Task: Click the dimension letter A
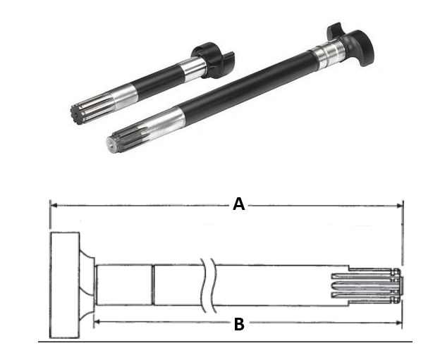tap(238, 204)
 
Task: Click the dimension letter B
tap(239, 324)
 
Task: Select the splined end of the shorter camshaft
tap(92, 108)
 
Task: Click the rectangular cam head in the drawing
tap(65, 285)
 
